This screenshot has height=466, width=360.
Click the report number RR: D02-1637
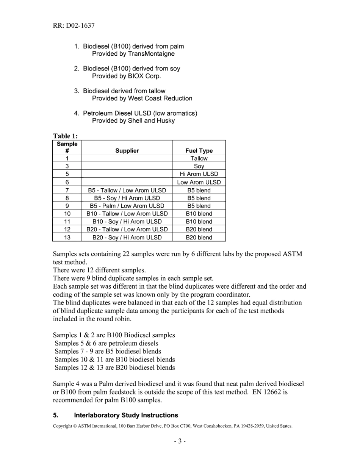74,26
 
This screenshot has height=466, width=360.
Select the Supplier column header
127,151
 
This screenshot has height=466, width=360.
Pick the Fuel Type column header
199,151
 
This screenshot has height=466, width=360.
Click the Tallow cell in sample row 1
199,159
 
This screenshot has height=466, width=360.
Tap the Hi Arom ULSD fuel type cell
199,174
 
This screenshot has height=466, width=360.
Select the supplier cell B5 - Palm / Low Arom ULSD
127,206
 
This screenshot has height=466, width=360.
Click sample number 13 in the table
67,238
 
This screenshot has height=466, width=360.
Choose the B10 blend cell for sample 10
199,214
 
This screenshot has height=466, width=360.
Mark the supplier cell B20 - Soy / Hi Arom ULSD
127,238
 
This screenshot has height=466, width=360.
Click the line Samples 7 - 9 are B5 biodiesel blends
108,351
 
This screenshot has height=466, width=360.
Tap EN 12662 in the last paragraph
270,392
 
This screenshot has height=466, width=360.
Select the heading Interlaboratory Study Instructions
126,415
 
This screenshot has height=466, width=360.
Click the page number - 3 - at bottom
180,441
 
